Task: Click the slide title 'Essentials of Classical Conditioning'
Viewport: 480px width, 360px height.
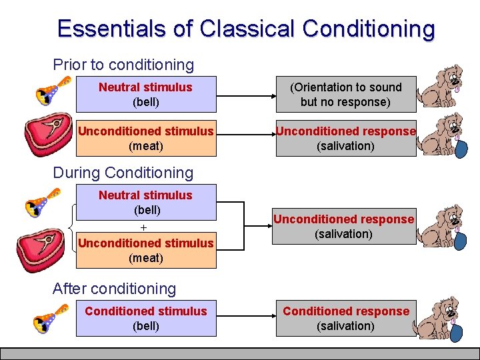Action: click(x=246, y=29)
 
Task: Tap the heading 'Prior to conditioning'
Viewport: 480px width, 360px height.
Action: click(x=123, y=65)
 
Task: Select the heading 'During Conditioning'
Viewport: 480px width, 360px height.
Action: click(x=123, y=173)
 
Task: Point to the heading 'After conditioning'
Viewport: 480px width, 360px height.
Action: click(x=115, y=289)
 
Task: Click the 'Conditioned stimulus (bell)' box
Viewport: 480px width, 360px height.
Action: click(x=146, y=318)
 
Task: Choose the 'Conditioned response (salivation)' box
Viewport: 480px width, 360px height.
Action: click(x=345, y=318)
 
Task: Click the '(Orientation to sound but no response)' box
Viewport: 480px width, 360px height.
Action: click(x=345, y=94)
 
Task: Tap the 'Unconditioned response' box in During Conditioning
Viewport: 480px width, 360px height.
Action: click(x=345, y=226)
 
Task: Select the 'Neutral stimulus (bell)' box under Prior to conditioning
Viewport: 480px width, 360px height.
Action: click(x=146, y=94)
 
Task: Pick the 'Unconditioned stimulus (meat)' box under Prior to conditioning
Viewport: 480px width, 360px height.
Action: click(x=146, y=138)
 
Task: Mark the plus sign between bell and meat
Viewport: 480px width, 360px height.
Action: click(x=143, y=227)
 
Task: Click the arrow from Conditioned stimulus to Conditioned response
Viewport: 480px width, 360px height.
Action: click(x=246, y=318)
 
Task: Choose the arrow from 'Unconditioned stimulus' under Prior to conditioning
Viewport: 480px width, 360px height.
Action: click(x=246, y=138)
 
